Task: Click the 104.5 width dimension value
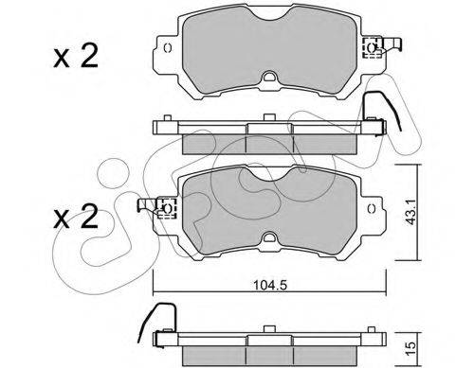269,286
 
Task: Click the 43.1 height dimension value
410,213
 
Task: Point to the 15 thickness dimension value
410,348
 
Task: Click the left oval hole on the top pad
168,48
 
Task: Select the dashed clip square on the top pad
372,48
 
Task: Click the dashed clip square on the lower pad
167,208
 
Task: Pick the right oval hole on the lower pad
372,208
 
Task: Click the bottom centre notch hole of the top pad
269,77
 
